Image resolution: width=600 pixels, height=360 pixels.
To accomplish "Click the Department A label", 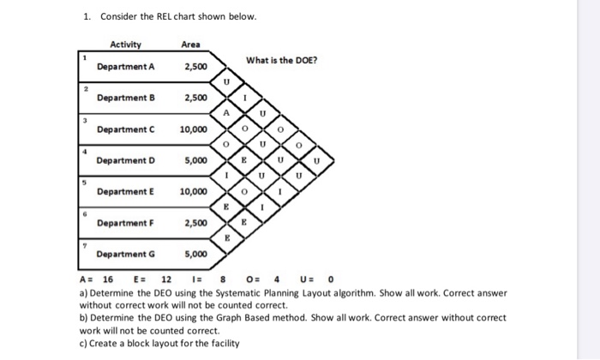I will point(126,67).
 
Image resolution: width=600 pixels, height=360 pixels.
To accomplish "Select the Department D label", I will point(126,160).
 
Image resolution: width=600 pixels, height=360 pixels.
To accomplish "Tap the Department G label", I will point(126,255).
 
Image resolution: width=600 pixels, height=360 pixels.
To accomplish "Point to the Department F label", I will point(126,223).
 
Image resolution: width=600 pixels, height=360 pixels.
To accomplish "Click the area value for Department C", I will point(193,129).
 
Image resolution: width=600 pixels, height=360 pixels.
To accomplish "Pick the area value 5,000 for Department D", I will point(195,160).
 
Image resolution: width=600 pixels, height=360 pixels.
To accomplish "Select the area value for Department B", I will point(195,98).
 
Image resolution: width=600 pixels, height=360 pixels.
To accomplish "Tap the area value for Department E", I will point(193,192).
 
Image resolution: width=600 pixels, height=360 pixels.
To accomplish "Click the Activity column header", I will point(126,45).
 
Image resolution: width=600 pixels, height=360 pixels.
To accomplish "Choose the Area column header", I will point(191,45).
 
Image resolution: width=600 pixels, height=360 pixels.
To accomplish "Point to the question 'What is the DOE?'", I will point(281,60).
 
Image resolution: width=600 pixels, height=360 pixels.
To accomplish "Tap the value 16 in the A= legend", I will point(108,279).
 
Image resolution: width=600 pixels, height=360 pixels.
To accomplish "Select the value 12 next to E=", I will point(166,279).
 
